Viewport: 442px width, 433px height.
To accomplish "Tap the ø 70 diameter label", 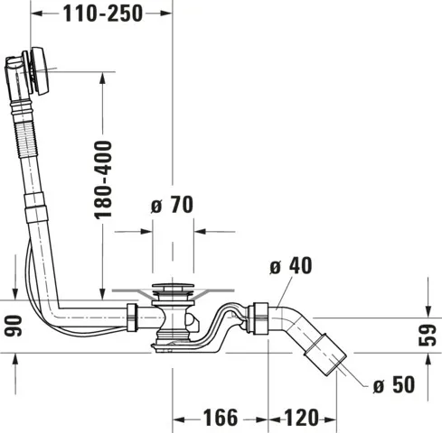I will (172, 206).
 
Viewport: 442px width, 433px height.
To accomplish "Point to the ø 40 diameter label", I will (292, 266).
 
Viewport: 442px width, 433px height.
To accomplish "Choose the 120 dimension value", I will (301, 418).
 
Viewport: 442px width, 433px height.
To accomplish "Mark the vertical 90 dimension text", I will (12, 325).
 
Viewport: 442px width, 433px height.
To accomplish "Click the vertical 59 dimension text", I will (429, 336).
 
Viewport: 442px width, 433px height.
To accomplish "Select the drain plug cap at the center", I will (172, 291).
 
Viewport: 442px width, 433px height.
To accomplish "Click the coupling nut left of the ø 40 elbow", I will (260, 316).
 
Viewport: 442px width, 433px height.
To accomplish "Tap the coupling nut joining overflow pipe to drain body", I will (132, 316).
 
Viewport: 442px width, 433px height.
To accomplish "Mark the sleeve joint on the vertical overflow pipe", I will (33, 209).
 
